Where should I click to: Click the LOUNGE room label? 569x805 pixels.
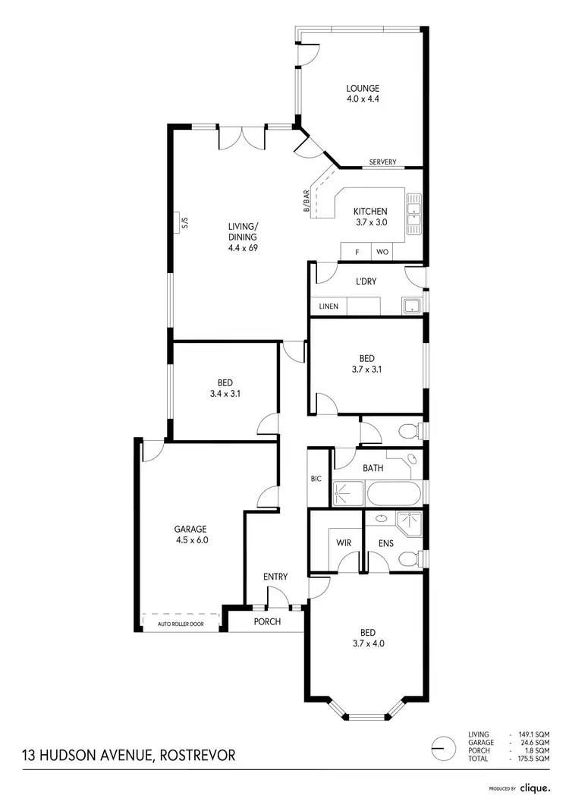362,88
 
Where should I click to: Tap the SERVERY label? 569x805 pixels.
382,162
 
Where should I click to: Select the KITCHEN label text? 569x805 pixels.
371,211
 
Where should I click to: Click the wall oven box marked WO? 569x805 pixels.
382,252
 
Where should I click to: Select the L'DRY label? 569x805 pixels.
366,281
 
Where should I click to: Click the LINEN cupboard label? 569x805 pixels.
329,307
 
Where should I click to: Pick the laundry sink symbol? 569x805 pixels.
411,306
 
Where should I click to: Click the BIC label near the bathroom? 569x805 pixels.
316,479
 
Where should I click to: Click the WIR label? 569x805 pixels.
344,542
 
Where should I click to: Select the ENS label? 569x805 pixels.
387,542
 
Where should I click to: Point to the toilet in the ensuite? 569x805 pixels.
410,560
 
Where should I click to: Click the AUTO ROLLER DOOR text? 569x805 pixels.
181,624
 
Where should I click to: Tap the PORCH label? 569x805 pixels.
266,622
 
